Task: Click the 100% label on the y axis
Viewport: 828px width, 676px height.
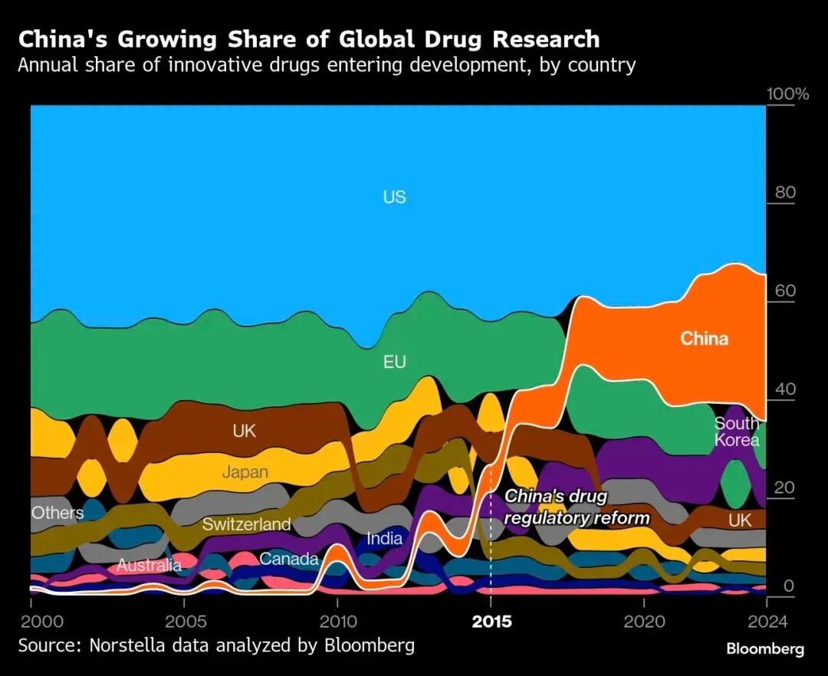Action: click(787, 94)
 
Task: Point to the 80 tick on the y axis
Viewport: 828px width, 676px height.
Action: click(785, 192)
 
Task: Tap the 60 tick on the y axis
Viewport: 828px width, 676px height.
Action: click(785, 290)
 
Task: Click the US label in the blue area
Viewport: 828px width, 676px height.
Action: click(394, 197)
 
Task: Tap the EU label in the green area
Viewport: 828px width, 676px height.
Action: click(394, 362)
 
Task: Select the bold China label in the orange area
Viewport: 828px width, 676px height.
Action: click(704, 338)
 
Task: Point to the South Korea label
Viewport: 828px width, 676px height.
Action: click(736, 432)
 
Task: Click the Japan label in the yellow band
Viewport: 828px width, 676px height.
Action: click(245, 471)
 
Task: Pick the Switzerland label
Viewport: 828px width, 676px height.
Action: click(246, 524)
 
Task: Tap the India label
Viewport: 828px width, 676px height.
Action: click(384, 538)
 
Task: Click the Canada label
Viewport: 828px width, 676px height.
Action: click(288, 559)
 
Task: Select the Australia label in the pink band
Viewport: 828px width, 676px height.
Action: click(149, 566)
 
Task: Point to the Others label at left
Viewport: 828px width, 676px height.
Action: click(58, 512)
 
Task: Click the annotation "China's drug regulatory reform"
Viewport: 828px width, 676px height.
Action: click(577, 507)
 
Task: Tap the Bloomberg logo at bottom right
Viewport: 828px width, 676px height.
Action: click(765, 649)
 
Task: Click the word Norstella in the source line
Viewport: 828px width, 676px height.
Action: click(131, 645)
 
